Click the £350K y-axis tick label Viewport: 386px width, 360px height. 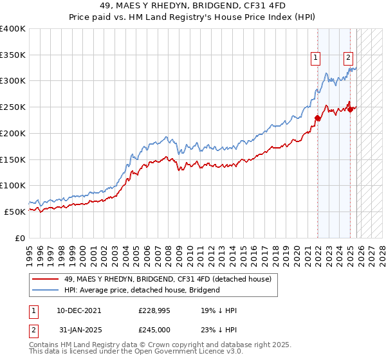[x=13, y=55]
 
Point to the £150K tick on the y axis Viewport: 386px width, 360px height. [x=13, y=159]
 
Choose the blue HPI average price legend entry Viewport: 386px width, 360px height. [x=142, y=290]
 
